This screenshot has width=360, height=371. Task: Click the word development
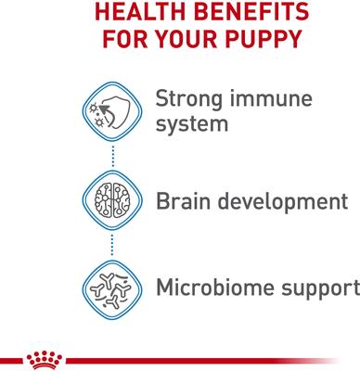tap(282, 201)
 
